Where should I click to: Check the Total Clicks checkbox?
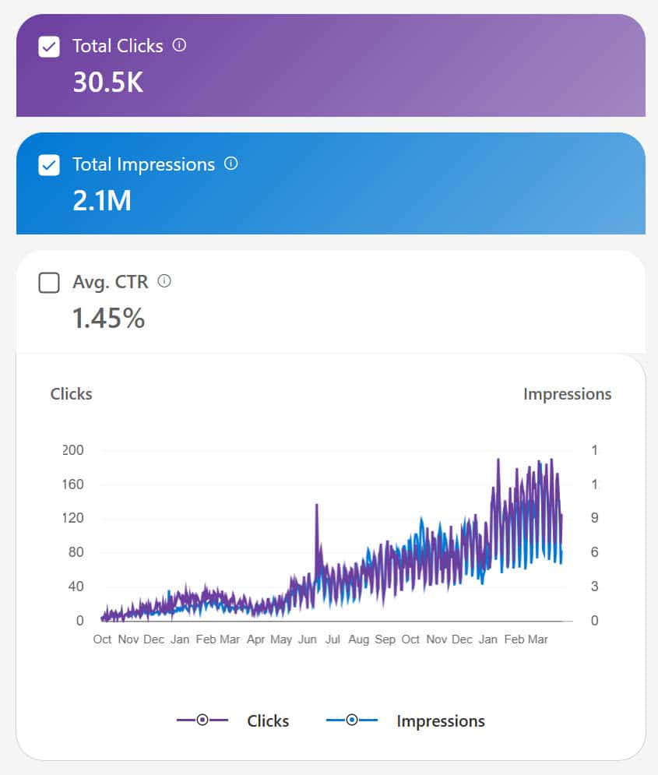click(x=48, y=47)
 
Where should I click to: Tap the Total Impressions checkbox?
click(x=48, y=165)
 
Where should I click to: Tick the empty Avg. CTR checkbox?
click(x=48, y=283)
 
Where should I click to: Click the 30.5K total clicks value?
click(x=107, y=82)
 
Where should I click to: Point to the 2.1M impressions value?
click(x=101, y=200)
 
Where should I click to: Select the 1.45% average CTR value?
click(x=108, y=318)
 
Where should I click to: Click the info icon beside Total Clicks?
click(x=179, y=45)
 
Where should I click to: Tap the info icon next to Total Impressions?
click(x=230, y=164)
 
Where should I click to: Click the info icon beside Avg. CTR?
click(x=164, y=281)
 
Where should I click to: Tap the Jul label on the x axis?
click(x=333, y=639)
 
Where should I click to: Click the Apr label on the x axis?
click(x=255, y=639)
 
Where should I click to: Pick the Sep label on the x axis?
click(x=385, y=639)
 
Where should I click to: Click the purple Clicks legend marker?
click(x=202, y=720)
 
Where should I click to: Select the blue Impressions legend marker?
click(x=351, y=720)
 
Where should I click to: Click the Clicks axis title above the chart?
click(x=71, y=394)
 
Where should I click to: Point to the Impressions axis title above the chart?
click(x=567, y=394)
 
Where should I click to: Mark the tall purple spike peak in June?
click(x=316, y=506)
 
